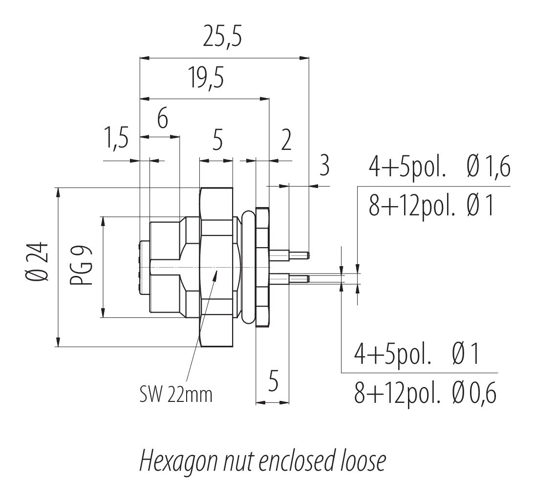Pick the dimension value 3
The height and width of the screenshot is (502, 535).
tap(324, 167)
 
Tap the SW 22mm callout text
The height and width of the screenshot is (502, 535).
tap(176, 394)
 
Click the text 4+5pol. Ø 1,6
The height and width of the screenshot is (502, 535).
tap(439, 168)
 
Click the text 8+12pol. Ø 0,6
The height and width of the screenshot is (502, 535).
tap(425, 393)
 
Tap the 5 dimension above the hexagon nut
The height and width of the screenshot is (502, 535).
tap(217, 141)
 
